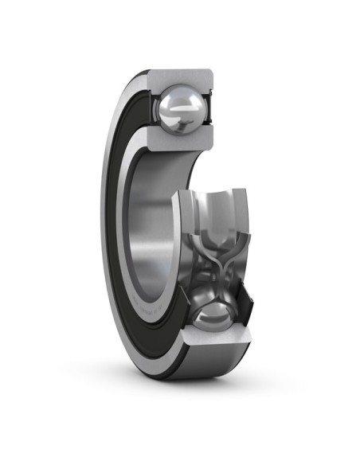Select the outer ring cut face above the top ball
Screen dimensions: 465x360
point(182,78)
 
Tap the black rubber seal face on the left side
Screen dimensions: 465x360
point(119,199)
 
